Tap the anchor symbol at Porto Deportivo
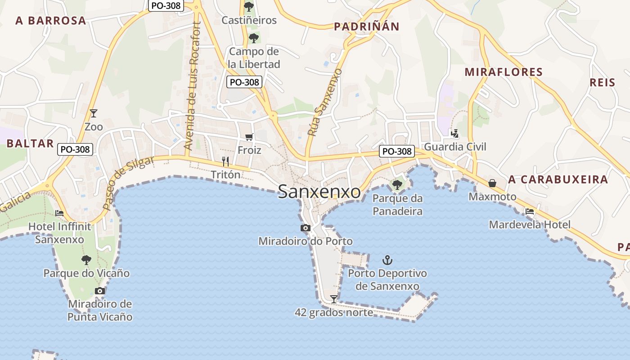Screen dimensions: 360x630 tap(387, 260)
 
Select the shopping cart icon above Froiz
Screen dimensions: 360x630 tap(249, 137)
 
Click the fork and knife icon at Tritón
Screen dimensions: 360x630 tap(225, 161)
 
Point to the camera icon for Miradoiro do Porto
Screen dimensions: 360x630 tap(306, 228)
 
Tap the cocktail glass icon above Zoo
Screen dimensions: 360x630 tap(94, 113)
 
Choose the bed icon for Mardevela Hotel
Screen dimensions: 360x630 tap(530, 211)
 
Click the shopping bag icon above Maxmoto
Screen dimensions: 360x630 tap(492, 184)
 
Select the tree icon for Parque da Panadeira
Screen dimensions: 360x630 tap(397, 184)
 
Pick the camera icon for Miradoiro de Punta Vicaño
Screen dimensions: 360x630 tap(100, 291)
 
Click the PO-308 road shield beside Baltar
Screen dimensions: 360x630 tap(75, 149)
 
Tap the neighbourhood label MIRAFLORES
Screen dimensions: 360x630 tap(504, 72)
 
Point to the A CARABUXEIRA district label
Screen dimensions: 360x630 tap(558, 180)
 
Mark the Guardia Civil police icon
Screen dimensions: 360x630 tap(455, 133)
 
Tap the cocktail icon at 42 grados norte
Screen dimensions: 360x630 tap(333, 299)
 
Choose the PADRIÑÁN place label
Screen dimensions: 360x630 tap(366, 27)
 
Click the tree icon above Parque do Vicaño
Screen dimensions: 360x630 tap(86, 260)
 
